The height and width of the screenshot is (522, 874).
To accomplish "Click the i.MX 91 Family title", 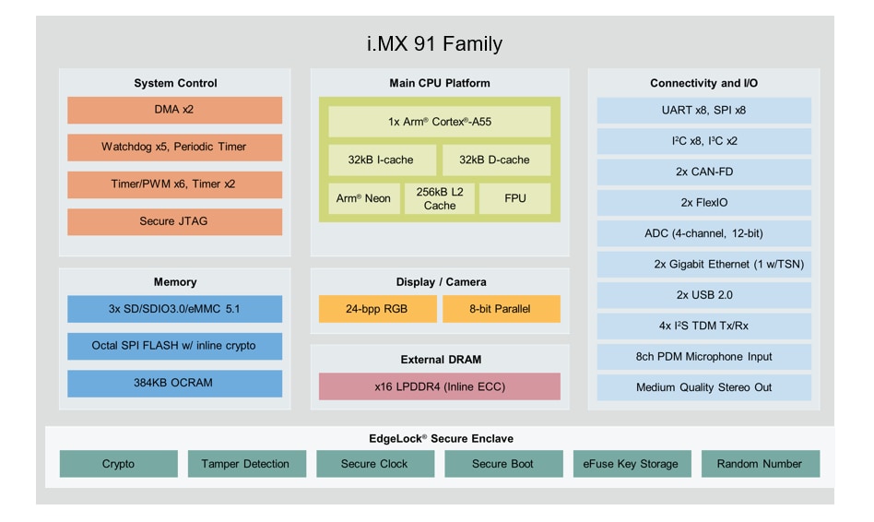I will pos(435,43).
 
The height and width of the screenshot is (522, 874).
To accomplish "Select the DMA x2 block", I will pos(174,110).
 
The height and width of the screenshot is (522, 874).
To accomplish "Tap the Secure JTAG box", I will pos(174,221).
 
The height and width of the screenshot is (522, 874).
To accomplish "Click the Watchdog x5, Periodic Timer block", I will pos(174,147).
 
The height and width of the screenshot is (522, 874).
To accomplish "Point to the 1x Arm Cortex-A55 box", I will pos(439,122).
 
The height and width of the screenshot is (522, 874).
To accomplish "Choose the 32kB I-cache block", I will pos(381,160).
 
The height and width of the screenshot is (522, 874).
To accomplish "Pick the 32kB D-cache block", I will pos(495,160).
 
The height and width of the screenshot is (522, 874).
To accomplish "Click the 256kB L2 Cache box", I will pos(440,198).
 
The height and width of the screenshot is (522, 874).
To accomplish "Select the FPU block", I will pos(515,198).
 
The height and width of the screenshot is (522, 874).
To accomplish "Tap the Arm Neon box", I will pos(363,198).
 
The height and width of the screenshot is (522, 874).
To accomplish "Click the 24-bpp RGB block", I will pos(377,309).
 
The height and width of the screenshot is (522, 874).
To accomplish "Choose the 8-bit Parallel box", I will pos(501,309).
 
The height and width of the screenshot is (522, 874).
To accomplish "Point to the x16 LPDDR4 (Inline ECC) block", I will pos(439,386).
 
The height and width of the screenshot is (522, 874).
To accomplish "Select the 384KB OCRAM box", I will pos(174,384).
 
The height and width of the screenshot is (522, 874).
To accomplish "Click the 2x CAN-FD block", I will pos(704,172).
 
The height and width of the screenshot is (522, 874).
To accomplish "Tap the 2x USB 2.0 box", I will pos(704,295).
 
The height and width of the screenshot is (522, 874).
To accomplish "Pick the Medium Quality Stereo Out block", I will pos(704,387).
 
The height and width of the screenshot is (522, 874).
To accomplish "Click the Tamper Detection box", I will pos(245,464).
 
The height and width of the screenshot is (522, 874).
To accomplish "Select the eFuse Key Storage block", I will pos(632,464).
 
